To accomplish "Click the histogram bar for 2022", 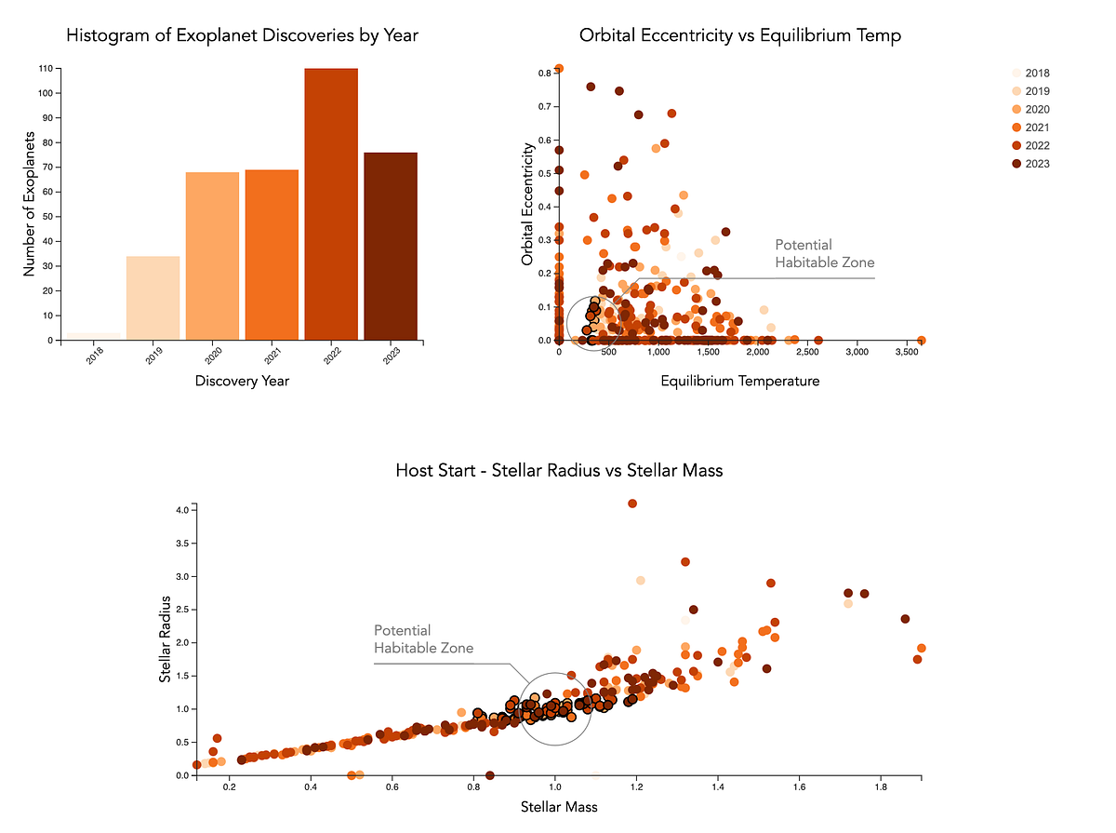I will click(331, 204).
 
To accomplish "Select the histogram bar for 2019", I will click(153, 298).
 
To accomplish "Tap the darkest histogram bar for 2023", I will click(391, 246).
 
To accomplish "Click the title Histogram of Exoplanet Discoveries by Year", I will click(242, 36).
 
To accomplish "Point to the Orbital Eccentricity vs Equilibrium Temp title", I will click(739, 36).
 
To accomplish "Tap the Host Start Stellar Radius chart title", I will click(559, 471).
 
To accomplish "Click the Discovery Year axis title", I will click(242, 381).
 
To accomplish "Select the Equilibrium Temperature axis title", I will click(739, 381).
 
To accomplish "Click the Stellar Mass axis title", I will click(559, 807).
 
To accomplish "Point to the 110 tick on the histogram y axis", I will click(45, 69).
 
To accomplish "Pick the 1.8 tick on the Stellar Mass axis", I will click(880, 788).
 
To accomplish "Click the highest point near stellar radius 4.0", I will click(632, 504).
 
